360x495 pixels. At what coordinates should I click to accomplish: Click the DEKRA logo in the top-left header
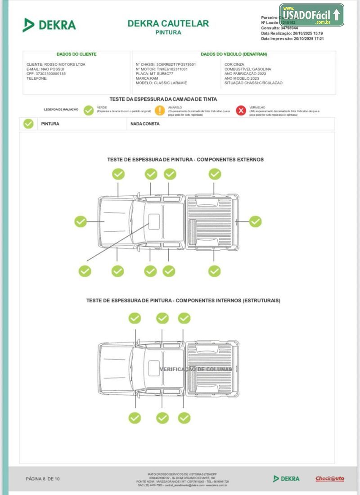(49, 25)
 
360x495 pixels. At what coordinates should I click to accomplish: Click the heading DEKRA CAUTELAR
(168, 23)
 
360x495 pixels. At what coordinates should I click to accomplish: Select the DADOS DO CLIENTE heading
(76, 54)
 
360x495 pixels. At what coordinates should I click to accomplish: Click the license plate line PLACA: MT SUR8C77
(154, 73)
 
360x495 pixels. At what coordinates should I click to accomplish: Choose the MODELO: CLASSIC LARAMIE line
(161, 83)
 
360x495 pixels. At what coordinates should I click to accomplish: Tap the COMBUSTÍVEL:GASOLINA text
(247, 69)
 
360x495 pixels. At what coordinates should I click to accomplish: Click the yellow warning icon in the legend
(160, 110)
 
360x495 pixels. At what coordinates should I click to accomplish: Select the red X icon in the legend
(241, 110)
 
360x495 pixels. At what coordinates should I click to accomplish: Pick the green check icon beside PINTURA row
(28, 124)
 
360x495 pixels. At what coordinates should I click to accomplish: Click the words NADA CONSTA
(145, 124)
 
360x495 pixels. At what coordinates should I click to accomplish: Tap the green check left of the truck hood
(81, 221)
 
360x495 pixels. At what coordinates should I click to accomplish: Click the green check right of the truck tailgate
(255, 221)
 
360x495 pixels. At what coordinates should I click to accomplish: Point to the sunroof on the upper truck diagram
(154, 220)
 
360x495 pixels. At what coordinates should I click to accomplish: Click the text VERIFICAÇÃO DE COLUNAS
(196, 369)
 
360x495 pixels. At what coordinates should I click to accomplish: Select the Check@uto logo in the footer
(329, 479)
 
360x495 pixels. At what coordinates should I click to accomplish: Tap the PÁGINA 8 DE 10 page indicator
(43, 479)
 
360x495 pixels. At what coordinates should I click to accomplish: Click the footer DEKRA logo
(286, 479)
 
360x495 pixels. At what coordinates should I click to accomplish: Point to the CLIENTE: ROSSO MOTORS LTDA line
(56, 64)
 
